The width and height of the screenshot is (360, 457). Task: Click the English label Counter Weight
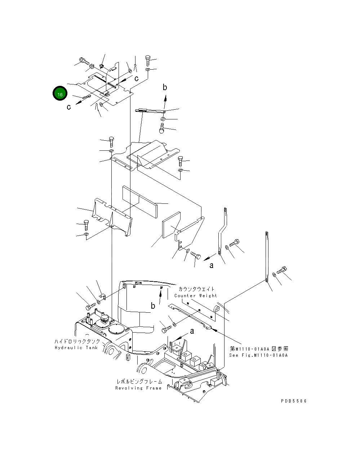[x=196, y=295]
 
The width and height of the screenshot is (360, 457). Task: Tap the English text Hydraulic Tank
[x=76, y=348]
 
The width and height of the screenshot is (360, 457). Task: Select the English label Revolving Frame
[x=138, y=388]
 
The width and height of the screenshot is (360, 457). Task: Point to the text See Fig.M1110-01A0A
[x=258, y=355]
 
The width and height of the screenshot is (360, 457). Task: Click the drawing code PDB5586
[x=294, y=401]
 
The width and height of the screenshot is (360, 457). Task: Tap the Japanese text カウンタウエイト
[x=196, y=289]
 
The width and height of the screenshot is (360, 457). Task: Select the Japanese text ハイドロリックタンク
[x=77, y=341]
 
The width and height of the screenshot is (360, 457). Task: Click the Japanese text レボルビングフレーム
[x=139, y=382]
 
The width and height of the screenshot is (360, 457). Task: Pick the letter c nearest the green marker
[x=69, y=107]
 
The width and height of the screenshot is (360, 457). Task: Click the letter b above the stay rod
[x=165, y=87]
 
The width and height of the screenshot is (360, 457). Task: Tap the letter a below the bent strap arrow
[x=212, y=265]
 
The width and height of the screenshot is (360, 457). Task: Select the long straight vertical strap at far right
[x=266, y=256]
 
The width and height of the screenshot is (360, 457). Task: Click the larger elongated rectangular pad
[x=140, y=202]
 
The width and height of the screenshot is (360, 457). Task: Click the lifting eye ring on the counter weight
[x=217, y=309]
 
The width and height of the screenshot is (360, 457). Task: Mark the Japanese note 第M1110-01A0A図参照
[x=258, y=349]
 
